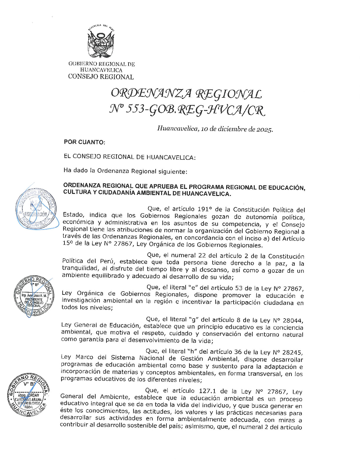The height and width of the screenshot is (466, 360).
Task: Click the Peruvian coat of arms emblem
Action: pyautogui.click(x=101, y=42)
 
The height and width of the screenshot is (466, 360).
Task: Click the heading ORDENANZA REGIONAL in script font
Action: pyautogui.click(x=186, y=94)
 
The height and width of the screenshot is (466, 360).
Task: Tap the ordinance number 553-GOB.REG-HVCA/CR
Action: pyautogui.click(x=195, y=110)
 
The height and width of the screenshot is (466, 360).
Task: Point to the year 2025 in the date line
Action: pyautogui.click(x=264, y=129)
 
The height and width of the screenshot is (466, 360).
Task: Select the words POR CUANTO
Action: pyautogui.click(x=84, y=142)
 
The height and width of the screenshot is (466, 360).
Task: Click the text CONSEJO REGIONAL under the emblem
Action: pyautogui.click(x=101, y=77)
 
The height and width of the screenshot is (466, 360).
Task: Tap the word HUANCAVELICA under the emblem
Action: pyautogui.click(x=101, y=70)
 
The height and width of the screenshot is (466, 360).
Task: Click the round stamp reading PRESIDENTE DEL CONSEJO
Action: pyautogui.click(x=34, y=297)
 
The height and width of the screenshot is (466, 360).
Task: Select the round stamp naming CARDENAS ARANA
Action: pyautogui.click(x=28, y=395)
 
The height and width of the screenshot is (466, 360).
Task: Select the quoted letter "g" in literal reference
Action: pyautogui.click(x=193, y=319)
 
